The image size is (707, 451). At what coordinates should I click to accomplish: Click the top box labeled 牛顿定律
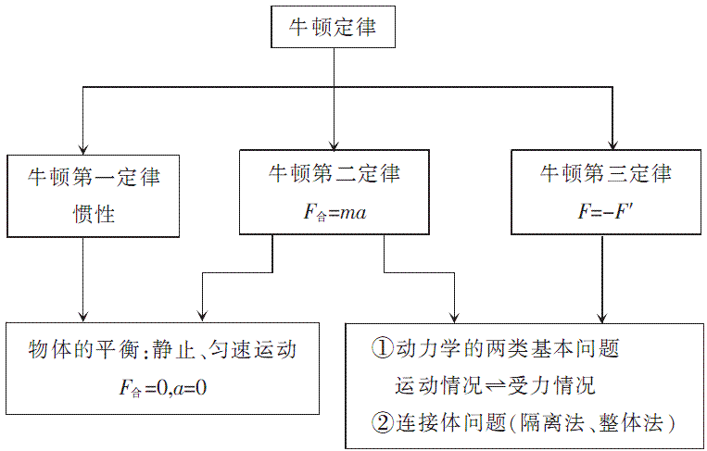(335, 27)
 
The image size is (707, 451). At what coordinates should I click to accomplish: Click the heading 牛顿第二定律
(335, 173)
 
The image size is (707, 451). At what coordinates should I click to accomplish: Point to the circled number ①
(382, 349)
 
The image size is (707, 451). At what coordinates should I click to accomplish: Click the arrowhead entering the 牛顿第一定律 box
(83, 148)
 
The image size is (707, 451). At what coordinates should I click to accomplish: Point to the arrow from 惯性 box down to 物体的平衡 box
(83, 278)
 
